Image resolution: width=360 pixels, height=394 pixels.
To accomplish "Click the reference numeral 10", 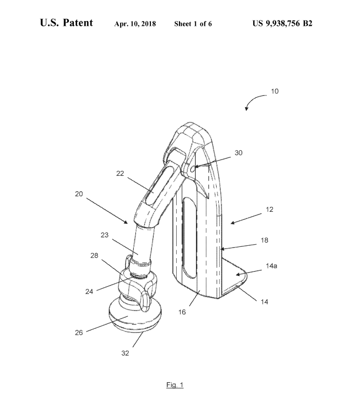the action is click(275, 91).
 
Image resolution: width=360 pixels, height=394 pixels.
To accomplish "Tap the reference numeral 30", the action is click(238, 153).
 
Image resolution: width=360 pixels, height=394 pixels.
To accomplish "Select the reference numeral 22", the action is click(120, 174).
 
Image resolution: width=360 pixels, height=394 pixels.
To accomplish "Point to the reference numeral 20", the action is click(79, 193).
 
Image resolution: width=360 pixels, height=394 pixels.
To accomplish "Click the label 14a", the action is click(271, 266).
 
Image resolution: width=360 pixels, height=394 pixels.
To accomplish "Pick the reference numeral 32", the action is click(125, 353).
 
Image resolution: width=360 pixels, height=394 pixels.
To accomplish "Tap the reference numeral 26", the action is click(79, 333).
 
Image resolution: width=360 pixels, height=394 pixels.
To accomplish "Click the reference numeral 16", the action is click(182, 312).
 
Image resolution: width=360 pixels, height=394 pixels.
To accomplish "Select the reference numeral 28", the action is click(94, 255).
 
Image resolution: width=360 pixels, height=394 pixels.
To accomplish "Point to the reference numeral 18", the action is click(264, 240).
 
